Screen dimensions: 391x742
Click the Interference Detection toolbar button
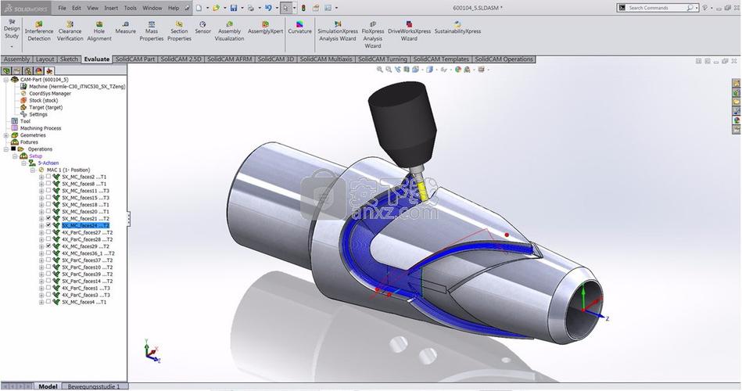pyautogui.click(x=39, y=30)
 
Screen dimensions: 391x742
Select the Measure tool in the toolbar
pyautogui.click(x=125, y=30)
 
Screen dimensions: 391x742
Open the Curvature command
pyautogui.click(x=299, y=30)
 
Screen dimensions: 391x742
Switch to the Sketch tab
pyautogui.click(x=69, y=59)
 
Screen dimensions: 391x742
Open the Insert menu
pyautogui.click(x=112, y=8)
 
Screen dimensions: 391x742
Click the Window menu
pyautogui.click(x=152, y=8)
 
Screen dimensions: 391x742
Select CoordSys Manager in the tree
pyautogui.click(x=49, y=94)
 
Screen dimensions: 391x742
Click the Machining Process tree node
pyautogui.click(x=41, y=128)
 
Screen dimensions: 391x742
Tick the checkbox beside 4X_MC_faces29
pyautogui.click(x=48, y=246)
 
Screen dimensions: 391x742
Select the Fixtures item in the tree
pyautogui.click(x=29, y=142)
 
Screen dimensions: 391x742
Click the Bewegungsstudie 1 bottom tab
pyautogui.click(x=93, y=386)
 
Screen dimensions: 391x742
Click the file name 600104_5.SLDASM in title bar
pyautogui.click(x=478, y=8)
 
